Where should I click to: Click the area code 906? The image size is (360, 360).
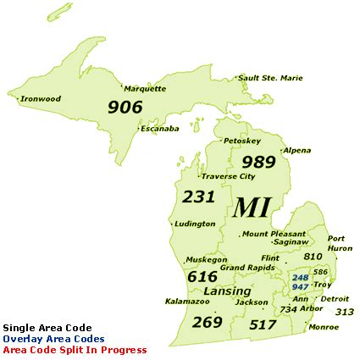(125, 108)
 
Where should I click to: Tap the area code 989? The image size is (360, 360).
(258, 162)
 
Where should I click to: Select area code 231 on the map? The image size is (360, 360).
(198, 197)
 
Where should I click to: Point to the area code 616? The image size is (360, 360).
(202, 276)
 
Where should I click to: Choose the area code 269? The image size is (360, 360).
(207, 322)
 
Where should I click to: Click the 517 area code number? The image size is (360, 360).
(263, 324)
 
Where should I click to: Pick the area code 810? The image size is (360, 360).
(313, 256)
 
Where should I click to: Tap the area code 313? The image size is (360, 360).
(344, 312)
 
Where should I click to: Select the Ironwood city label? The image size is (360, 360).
(41, 98)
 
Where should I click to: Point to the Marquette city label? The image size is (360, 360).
(145, 88)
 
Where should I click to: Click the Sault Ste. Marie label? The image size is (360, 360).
(270, 78)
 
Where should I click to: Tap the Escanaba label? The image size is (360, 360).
(160, 129)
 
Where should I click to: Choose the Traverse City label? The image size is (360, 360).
(228, 176)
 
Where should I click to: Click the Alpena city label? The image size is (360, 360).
(296, 150)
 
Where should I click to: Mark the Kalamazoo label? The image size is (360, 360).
(187, 301)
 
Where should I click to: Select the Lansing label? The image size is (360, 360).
(227, 291)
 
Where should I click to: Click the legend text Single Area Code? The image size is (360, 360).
(47, 327)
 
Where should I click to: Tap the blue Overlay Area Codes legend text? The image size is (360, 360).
(54, 338)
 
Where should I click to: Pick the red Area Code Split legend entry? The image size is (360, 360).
(75, 349)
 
